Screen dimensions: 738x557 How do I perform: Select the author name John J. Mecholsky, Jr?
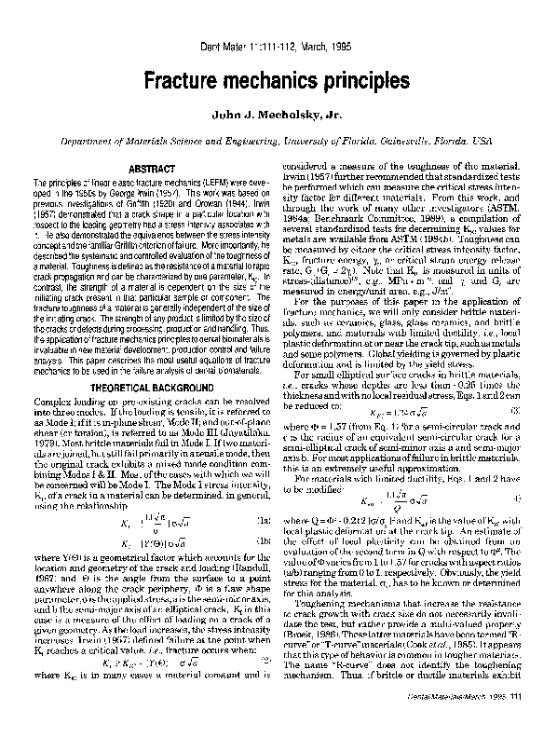pos(278,116)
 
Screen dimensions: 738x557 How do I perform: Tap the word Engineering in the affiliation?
pos(244,138)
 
